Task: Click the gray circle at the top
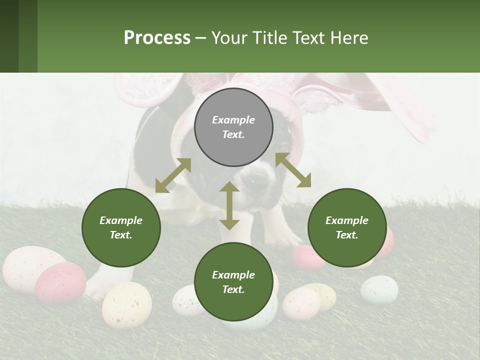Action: [233, 127]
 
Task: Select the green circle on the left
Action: [121, 227]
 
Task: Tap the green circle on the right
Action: [347, 227]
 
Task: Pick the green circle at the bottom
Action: [233, 282]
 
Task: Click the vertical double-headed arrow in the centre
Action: [229, 205]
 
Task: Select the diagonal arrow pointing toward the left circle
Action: [173, 175]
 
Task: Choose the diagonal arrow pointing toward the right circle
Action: [293, 170]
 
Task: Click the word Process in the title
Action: [157, 37]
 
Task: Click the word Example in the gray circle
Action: [233, 120]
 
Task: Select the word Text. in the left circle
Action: [121, 235]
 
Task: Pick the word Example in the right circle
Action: [347, 220]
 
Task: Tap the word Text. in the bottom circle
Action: [233, 289]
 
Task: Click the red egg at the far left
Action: [60, 282]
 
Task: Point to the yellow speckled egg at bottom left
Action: [126, 304]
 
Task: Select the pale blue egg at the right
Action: [379, 289]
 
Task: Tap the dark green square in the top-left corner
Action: [9, 36]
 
